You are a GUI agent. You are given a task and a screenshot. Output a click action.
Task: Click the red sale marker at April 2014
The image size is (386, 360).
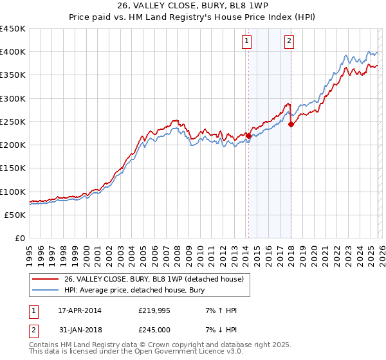point(248,136)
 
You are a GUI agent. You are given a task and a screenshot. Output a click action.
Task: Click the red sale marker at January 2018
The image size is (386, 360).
point(291,124)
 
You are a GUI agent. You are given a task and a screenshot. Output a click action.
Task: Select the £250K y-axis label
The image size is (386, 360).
point(13,122)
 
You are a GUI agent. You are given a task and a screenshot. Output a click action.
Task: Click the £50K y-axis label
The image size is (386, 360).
point(15,215)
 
